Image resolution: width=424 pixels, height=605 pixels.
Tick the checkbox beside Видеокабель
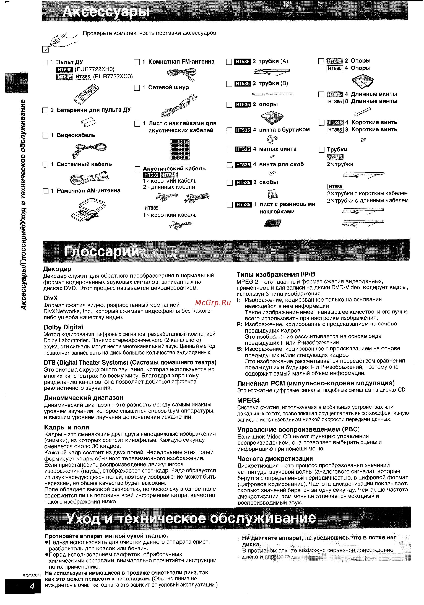45,136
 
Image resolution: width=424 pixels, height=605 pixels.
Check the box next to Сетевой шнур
137,88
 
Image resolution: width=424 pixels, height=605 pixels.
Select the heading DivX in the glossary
51,298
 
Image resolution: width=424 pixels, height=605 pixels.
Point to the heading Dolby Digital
63,327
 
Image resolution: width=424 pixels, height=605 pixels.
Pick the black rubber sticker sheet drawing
273,223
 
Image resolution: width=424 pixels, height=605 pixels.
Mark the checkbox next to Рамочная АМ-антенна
46,191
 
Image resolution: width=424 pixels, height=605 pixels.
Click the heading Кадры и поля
67,427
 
